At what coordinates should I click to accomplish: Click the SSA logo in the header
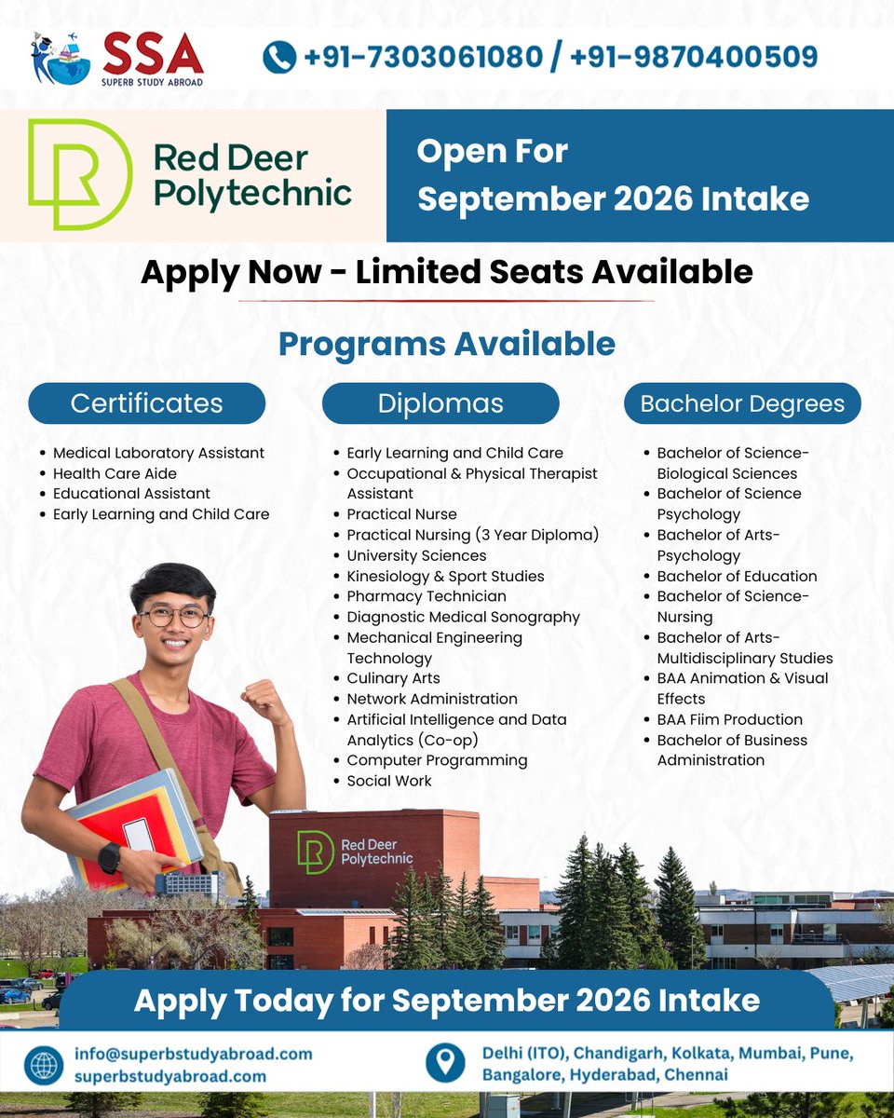pos(116,59)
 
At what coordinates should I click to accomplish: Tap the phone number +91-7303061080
pos(423,58)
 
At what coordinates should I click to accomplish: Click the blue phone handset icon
pos(279,58)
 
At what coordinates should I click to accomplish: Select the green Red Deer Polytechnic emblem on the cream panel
pos(80,174)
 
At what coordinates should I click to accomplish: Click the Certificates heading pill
pos(146,403)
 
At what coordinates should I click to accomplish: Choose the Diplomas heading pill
pos(440,403)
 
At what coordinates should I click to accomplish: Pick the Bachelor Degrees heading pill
pos(742,403)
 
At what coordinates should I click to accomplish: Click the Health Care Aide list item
pos(115,473)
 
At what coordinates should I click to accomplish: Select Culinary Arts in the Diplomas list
pos(393,678)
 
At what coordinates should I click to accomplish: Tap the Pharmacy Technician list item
pos(427,596)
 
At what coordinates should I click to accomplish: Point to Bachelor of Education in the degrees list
pos(737,576)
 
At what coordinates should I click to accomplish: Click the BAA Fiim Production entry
pos(729,719)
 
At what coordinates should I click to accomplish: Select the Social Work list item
pos(389,781)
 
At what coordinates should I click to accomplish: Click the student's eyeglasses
pos(175,617)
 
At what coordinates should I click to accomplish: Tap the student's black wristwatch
pos(110,857)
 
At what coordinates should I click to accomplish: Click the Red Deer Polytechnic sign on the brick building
pos(354,851)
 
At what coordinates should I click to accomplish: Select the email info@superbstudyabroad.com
pos(194,1054)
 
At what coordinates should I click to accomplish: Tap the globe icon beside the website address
pos(45,1064)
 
